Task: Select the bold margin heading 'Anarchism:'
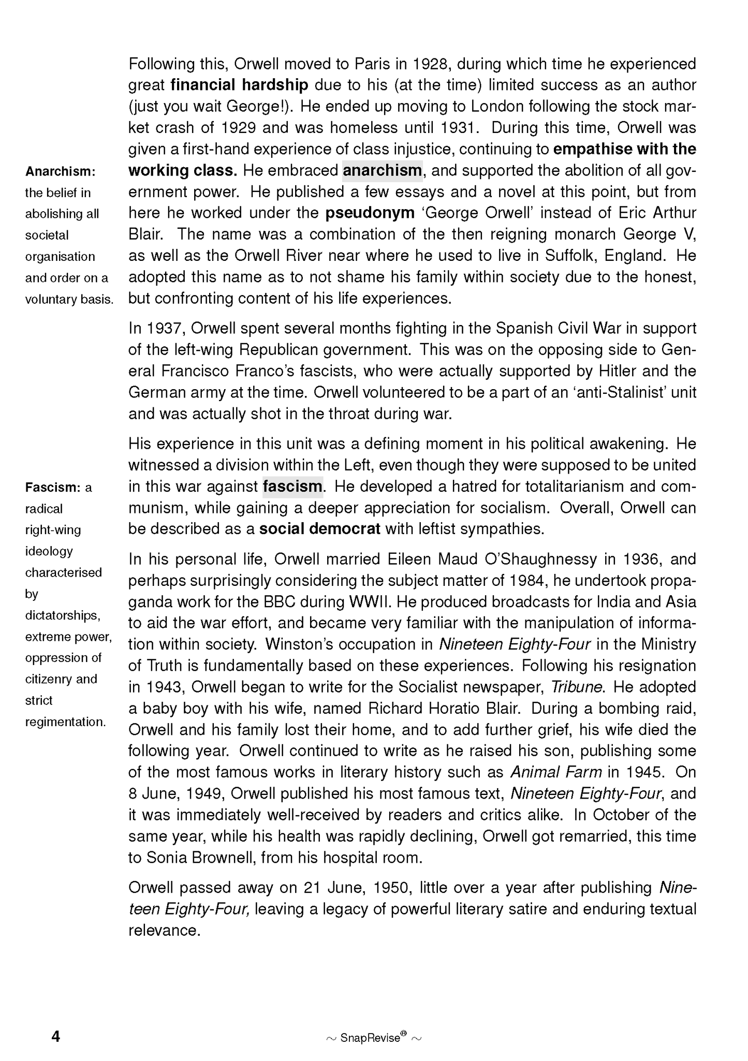tap(60, 171)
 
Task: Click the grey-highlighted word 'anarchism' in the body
tap(382, 171)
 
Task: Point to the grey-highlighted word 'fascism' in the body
tap(292, 487)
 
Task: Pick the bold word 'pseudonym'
tap(370, 213)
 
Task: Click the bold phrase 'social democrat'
tap(319, 529)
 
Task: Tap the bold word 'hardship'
tap(275, 85)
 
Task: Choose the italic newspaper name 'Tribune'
tap(576, 687)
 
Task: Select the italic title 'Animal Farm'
tap(556, 772)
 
